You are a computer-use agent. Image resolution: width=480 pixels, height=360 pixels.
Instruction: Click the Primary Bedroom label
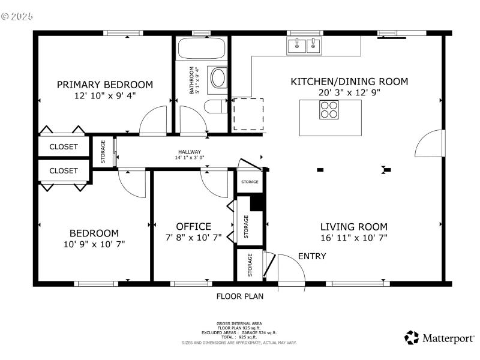tap(104, 85)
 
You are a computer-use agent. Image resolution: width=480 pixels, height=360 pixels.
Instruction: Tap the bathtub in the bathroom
tap(202, 48)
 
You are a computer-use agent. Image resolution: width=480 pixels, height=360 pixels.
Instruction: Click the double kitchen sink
tap(305, 44)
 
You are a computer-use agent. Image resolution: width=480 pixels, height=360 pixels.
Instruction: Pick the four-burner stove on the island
tap(328, 110)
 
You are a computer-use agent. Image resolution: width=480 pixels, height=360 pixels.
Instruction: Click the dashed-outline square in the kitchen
tap(248, 114)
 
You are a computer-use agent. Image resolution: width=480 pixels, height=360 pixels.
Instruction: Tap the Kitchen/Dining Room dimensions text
tap(349, 93)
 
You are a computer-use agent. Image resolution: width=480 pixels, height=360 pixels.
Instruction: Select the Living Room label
tap(353, 227)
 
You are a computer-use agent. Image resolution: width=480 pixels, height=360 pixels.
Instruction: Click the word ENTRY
tap(312, 256)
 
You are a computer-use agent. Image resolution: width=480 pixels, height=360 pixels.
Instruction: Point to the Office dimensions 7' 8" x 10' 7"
tap(193, 238)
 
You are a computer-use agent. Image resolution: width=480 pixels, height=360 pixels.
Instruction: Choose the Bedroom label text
tap(94, 233)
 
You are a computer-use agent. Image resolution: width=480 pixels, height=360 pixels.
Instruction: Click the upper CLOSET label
tap(64, 146)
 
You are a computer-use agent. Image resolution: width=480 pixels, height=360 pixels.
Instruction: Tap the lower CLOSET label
tap(64, 170)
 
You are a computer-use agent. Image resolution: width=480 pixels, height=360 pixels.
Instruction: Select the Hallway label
tap(189, 152)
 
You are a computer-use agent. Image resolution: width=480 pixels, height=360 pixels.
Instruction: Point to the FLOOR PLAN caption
tap(239, 296)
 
